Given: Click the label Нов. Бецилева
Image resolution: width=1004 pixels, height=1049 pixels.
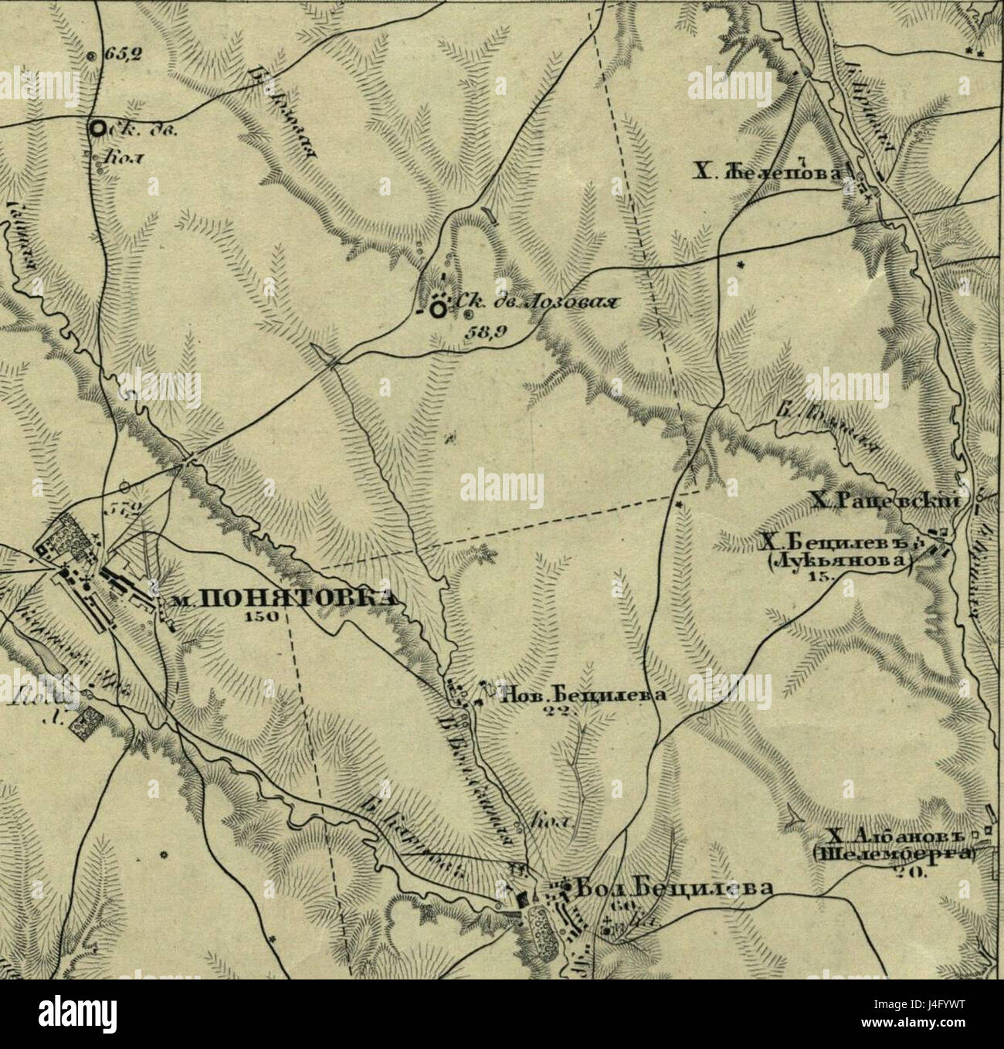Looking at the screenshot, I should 583,694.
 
